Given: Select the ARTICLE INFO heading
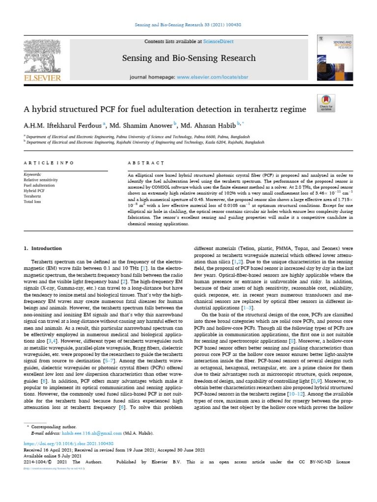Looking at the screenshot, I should (x=49, y=163).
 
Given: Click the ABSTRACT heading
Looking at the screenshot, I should (x=145, y=163).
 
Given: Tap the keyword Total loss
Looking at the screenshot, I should (x=32, y=201).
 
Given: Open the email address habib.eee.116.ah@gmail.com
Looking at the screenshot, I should (x=91, y=433).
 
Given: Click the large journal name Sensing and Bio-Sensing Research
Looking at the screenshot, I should (x=189, y=58).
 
